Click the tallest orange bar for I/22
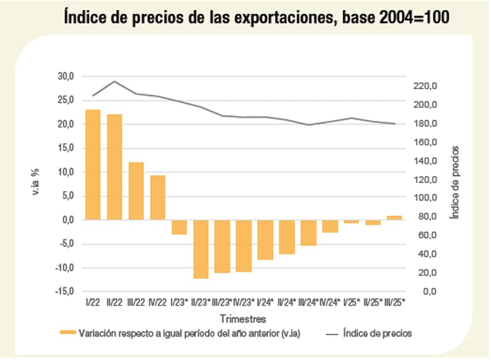[x=93, y=164]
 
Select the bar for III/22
[x=136, y=191]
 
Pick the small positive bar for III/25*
[x=395, y=218]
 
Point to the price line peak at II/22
[x=114, y=81]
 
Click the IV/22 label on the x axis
[x=158, y=302]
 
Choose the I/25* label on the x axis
[x=351, y=302]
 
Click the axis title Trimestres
[x=244, y=319]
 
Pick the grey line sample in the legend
[x=333, y=334]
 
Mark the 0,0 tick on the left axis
[x=67, y=220]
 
